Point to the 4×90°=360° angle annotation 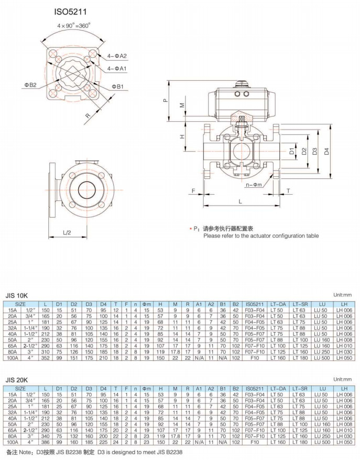click(x=74, y=25)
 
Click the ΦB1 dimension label click(x=117, y=87)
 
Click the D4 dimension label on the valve click(x=326, y=152)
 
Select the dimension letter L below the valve click(x=239, y=201)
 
